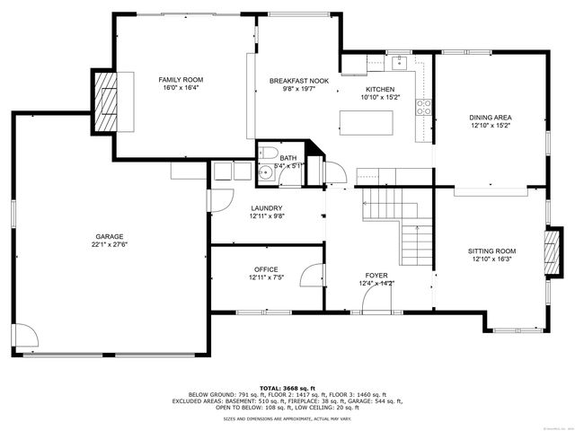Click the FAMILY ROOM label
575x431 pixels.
coord(175,80)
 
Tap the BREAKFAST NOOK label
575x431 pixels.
coord(299,81)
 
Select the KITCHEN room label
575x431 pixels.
coord(379,90)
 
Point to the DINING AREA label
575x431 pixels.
coord(491,118)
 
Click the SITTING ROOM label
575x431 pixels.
coord(491,251)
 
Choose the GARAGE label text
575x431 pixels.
coord(110,236)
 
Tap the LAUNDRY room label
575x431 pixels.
coord(266,208)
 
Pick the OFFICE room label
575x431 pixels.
coord(265,269)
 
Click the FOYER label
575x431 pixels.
coord(376,276)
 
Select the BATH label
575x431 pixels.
coord(287,158)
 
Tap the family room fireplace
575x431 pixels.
coord(109,101)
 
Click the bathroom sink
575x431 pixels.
coord(267,172)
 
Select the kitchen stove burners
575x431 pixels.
coord(424,108)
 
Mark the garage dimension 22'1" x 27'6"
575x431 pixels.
coord(110,244)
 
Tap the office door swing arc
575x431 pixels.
coord(311,275)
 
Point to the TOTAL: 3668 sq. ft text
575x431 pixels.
coord(287,386)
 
